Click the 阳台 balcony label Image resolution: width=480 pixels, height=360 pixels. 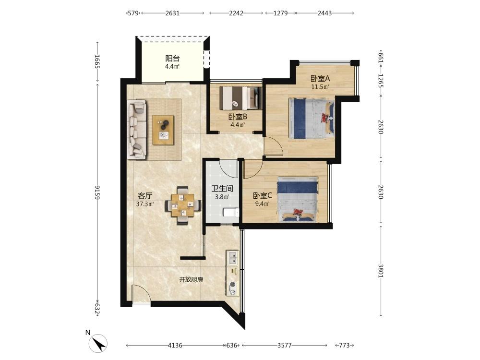pos(172,58)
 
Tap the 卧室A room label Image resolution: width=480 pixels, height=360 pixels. pos(320,78)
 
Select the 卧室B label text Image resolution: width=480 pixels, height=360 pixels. pos(238,116)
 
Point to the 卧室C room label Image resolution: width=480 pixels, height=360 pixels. pos(263,195)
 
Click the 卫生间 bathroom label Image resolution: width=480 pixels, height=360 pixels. pos(222,189)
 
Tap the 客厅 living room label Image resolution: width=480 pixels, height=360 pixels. pos(145,196)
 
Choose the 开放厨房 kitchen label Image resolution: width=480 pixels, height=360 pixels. pos(191,279)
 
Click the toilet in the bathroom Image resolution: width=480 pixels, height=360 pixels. pos(231,212)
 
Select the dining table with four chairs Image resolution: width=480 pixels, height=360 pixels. pos(183,205)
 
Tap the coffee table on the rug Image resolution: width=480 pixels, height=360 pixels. pos(164,130)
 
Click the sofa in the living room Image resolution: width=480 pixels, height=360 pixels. pos(136,130)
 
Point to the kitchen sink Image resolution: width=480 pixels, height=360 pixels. pos(233,257)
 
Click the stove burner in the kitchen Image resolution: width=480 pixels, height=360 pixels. pos(233,284)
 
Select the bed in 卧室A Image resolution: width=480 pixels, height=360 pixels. pos(312,119)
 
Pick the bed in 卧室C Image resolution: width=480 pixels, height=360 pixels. pos(298,199)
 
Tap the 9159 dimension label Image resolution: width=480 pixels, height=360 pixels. pos(97,192)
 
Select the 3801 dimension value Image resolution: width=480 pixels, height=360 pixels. pos(381,271)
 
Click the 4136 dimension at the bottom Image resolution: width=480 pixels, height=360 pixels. pos(175,345)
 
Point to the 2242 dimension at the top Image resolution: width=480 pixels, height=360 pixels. pos(236,13)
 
